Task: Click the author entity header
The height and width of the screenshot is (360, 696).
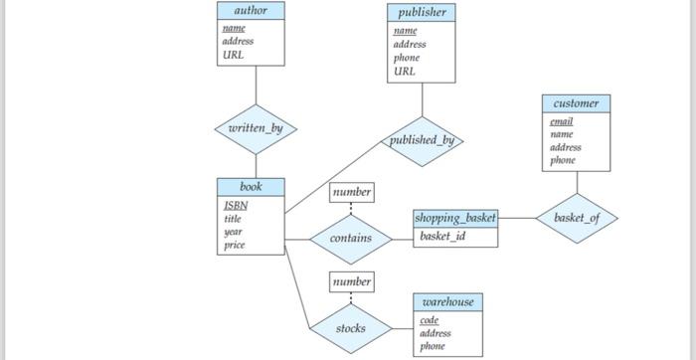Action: (x=251, y=10)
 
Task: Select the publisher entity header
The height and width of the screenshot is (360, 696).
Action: (x=422, y=13)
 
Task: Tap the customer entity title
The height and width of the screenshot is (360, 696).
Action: (x=576, y=103)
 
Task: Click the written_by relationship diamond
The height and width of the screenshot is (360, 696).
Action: (x=256, y=129)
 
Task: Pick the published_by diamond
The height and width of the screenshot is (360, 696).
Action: (x=422, y=140)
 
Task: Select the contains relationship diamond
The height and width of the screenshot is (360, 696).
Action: (x=350, y=239)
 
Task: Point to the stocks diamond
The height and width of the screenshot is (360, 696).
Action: (x=350, y=328)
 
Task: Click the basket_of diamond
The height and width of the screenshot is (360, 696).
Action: (x=577, y=217)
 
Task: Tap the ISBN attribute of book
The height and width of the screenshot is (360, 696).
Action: (x=236, y=206)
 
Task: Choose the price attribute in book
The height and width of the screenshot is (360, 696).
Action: (x=235, y=245)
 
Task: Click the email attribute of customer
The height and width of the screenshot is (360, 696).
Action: (x=561, y=121)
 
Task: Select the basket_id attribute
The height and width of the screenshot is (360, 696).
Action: (x=442, y=237)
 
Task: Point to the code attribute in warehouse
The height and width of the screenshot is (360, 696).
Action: (x=429, y=320)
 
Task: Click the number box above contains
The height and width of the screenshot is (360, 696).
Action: (x=351, y=192)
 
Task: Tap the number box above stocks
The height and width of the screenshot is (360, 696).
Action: (x=351, y=282)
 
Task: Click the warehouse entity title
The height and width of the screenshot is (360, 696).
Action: (x=447, y=302)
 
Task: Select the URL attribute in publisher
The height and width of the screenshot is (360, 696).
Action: (x=404, y=71)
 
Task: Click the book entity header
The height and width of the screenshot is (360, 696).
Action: (x=251, y=187)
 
